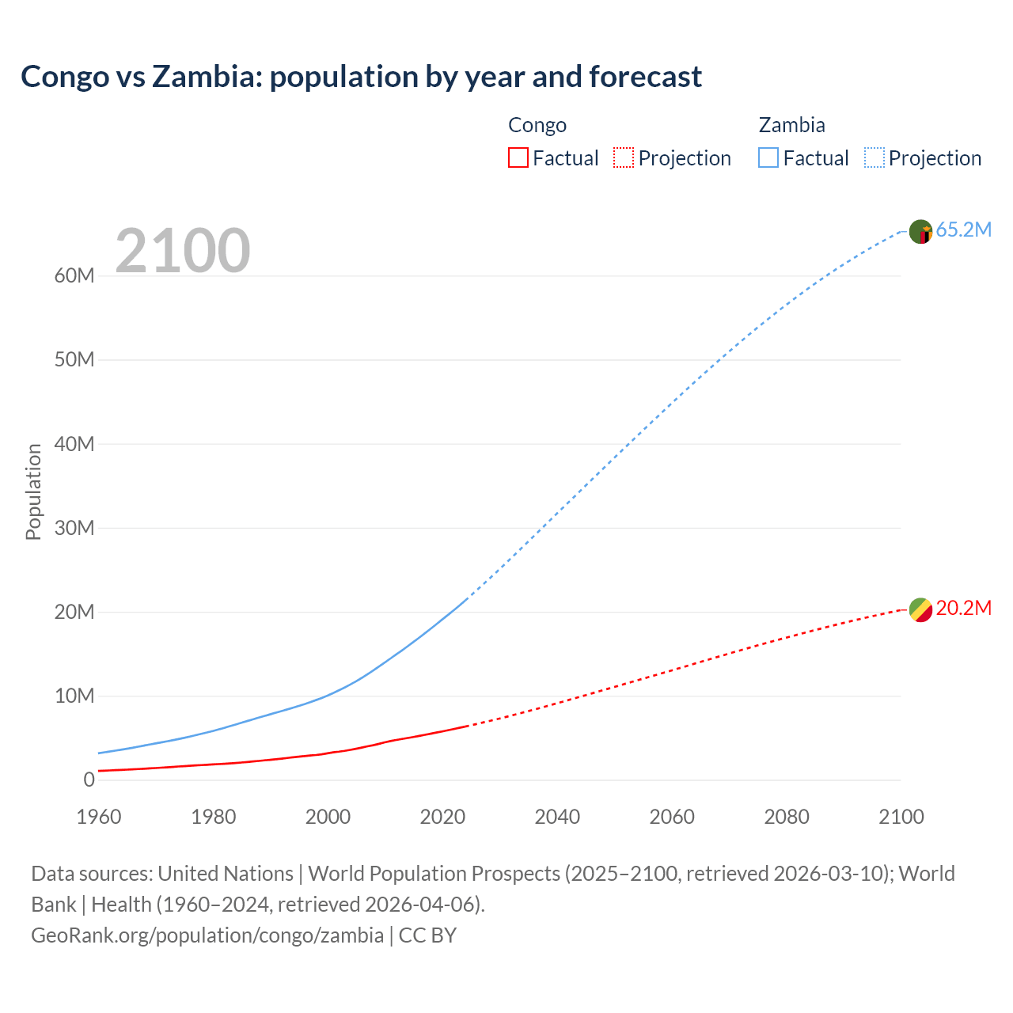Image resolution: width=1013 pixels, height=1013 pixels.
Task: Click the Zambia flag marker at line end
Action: pos(920,232)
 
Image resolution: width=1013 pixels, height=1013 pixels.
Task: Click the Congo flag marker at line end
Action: pos(920,609)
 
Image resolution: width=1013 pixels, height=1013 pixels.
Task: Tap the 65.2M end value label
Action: pos(963,230)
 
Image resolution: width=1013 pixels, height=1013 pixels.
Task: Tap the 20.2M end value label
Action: pos(963,609)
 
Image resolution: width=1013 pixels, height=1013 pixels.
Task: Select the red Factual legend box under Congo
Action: pos(518,157)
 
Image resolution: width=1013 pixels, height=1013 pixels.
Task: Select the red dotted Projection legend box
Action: pos(624,157)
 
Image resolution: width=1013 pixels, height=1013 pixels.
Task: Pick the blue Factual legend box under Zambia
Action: pos(768,157)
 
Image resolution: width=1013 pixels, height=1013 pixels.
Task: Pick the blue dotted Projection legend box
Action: pos(875,157)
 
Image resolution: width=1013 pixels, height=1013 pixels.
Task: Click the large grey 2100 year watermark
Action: pos(183,251)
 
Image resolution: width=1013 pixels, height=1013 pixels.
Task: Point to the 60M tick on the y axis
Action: pos(74,276)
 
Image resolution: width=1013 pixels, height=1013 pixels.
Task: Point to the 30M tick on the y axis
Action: pos(74,528)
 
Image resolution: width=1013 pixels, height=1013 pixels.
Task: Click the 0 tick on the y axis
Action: pos(89,780)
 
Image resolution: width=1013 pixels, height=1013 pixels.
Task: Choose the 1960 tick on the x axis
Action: pos(99,817)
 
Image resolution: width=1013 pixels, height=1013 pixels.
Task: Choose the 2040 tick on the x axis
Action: pos(557,817)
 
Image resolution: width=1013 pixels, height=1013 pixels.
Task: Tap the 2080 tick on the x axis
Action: pos(787,817)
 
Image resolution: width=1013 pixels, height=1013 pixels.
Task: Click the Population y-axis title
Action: pos(33,491)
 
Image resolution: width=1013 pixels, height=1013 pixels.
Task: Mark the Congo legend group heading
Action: pos(537,125)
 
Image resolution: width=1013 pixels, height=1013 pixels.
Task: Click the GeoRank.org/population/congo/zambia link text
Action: pos(207,935)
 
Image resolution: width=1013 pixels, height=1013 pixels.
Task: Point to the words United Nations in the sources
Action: pos(226,874)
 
